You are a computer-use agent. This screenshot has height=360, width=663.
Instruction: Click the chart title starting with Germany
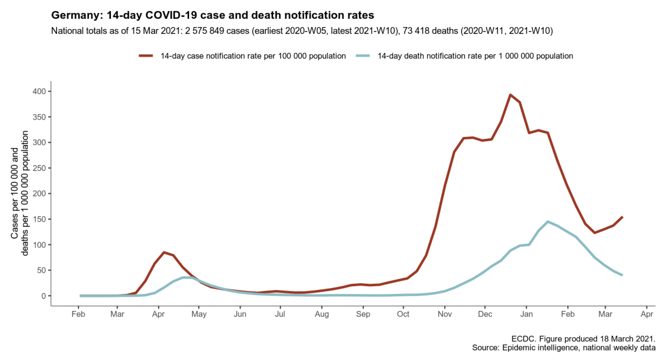(x=212, y=15)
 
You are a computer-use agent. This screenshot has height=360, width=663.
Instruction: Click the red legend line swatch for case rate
(x=146, y=56)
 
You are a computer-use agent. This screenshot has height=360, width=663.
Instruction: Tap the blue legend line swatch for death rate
(x=363, y=56)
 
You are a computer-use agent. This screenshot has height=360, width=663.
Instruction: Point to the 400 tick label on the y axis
(x=39, y=91)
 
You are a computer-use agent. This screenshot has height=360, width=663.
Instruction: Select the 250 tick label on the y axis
(x=39, y=168)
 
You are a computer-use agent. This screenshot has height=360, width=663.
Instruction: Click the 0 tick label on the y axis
(x=44, y=296)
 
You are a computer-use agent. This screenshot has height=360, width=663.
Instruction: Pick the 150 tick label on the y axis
(x=39, y=219)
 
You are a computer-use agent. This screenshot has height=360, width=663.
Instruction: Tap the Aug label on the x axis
(x=322, y=314)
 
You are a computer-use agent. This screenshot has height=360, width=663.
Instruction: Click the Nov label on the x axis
(x=445, y=314)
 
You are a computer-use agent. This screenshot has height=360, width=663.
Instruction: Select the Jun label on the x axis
(x=240, y=314)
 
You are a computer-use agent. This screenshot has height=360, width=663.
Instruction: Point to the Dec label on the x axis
(x=485, y=314)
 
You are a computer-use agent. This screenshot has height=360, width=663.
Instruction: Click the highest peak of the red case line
(x=510, y=95)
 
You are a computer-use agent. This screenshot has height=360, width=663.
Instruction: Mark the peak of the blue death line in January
(x=548, y=221)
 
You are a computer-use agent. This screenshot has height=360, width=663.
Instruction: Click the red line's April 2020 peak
(x=164, y=252)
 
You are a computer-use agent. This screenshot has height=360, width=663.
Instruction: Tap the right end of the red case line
(x=623, y=217)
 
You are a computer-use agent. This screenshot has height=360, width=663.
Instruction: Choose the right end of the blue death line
(x=623, y=275)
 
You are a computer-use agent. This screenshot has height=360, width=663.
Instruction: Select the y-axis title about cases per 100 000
(x=19, y=193)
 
